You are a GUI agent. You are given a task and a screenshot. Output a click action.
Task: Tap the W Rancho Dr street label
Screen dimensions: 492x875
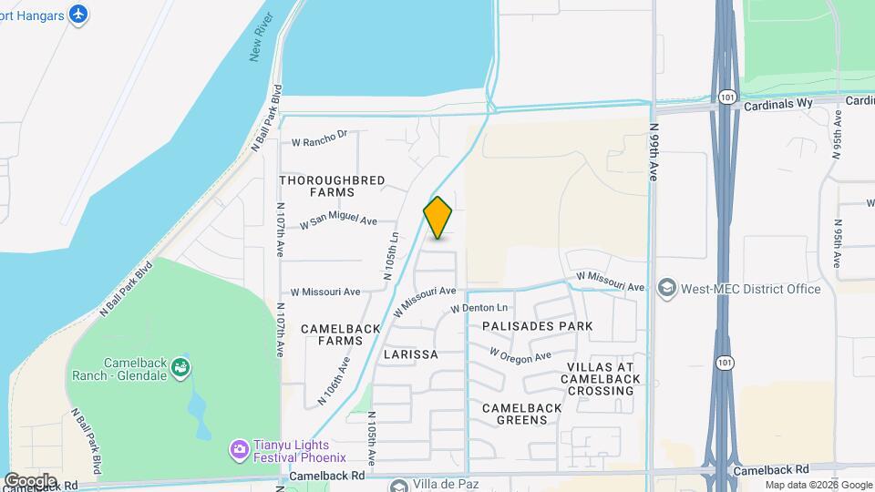pos(320,138)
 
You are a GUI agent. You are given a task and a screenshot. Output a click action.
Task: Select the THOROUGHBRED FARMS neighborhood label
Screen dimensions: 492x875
pos(332,186)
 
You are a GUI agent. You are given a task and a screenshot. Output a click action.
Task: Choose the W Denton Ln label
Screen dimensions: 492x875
pos(479,309)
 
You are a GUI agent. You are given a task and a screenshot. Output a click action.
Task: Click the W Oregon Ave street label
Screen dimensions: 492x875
pos(520,354)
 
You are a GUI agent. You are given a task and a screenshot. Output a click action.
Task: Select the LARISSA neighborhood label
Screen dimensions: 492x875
pos(411,354)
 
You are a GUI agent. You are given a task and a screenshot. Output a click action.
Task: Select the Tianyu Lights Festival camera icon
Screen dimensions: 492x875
pos(239,448)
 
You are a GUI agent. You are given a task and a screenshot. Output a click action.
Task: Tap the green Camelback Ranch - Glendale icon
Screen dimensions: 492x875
pos(181,368)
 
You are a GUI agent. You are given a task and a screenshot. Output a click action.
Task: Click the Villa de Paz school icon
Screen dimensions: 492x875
pos(397,485)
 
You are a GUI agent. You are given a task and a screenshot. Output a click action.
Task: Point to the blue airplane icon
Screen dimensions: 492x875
pos(78,15)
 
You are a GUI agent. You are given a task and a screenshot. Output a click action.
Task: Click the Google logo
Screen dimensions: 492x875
pos(30,480)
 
